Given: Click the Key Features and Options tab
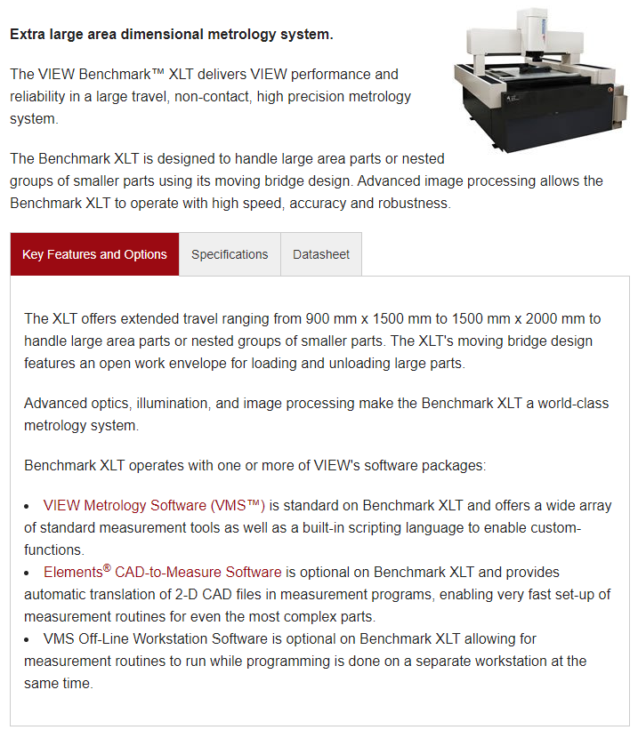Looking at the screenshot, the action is (x=94, y=254).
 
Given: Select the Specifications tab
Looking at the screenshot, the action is (x=230, y=254).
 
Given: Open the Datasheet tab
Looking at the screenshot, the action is (x=321, y=254).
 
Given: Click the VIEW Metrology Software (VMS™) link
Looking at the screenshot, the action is (x=154, y=506).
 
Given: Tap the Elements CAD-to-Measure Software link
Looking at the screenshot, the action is (x=163, y=572).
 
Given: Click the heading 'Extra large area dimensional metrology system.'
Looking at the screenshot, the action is (x=172, y=35).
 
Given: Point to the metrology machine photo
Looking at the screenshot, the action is (x=541, y=80).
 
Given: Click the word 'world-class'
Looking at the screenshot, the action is (x=573, y=403).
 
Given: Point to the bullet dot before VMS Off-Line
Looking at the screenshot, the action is (x=27, y=640).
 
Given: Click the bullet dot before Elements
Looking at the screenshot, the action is (x=27, y=574).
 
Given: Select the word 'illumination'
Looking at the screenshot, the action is (x=172, y=403).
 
